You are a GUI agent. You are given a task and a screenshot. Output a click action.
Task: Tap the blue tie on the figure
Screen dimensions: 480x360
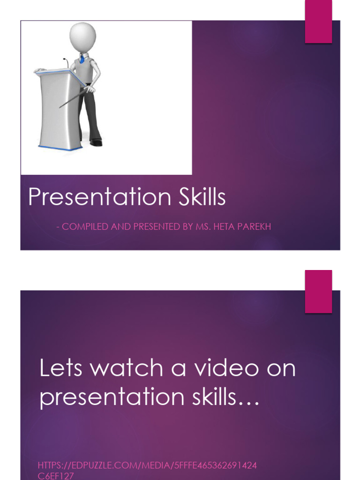click(82, 59)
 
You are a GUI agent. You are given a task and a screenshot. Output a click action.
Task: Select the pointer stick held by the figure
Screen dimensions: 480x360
click(73, 97)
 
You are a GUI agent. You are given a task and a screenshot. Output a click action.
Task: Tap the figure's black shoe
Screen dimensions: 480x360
click(96, 142)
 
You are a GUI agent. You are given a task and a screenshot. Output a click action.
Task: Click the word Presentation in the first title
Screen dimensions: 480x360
click(91, 198)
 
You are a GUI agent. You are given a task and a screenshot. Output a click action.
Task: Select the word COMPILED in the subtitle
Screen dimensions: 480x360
click(82, 227)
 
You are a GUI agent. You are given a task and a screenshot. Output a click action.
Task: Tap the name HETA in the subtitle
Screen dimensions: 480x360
click(220, 227)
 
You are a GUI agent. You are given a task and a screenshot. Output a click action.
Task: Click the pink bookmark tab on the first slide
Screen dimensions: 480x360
click(319, 22)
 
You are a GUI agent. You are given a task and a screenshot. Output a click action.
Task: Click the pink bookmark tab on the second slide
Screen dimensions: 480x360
click(319, 291)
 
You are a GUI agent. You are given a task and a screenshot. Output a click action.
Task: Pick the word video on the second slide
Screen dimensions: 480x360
click(223, 368)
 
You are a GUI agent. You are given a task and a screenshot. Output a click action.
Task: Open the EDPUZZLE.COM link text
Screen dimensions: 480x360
click(146, 465)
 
